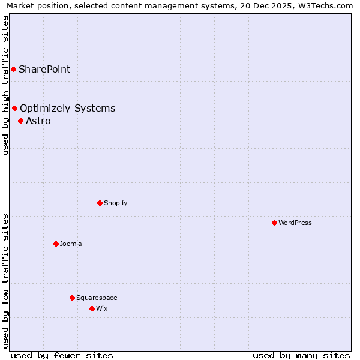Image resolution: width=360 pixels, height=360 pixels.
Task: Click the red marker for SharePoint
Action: (x=13, y=69)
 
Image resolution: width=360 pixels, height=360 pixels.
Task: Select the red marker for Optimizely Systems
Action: (x=14, y=108)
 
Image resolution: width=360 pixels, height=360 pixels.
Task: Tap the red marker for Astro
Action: (x=20, y=121)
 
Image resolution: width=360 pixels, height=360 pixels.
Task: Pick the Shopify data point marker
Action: (x=100, y=203)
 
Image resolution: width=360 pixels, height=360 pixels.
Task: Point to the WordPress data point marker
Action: (x=274, y=223)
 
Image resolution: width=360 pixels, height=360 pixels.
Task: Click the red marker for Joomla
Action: (x=56, y=244)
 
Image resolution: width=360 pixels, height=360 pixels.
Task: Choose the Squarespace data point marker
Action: (x=72, y=298)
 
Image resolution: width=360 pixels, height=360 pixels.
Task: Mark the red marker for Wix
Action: (x=92, y=308)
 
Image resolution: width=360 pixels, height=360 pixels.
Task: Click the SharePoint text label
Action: (x=44, y=69)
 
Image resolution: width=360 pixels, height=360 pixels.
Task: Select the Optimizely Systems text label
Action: (x=67, y=108)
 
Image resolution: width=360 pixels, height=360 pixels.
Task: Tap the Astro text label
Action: (x=38, y=121)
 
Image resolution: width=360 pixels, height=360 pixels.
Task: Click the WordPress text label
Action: (x=295, y=223)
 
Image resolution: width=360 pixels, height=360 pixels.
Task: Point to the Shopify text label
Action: (x=116, y=203)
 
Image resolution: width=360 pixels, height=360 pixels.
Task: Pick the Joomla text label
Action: (x=71, y=244)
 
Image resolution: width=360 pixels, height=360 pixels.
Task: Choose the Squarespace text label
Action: (x=97, y=298)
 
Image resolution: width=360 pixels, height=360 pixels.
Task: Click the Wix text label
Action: (x=102, y=308)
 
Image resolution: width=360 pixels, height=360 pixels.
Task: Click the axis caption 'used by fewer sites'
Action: (x=62, y=355)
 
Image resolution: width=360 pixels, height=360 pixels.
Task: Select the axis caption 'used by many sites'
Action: (x=301, y=355)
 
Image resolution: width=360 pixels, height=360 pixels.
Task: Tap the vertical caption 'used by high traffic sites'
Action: (x=5, y=85)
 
